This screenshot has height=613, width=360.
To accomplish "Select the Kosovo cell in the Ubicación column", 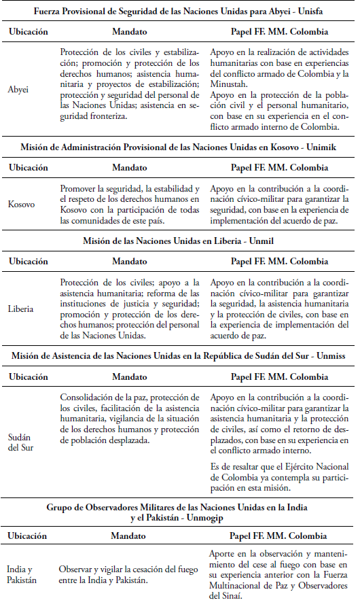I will pyautogui.click(x=22, y=203).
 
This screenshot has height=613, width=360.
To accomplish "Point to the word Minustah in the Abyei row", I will pyautogui.click(x=230, y=84).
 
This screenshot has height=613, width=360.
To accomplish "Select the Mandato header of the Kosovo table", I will pyautogui.click(x=129, y=167).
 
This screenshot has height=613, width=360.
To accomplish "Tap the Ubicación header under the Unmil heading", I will pyautogui.click(x=28, y=261).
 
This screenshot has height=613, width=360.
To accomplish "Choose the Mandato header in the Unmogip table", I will pyautogui.click(x=129, y=536).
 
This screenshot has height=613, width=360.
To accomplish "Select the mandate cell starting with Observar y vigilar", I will pyautogui.click(x=129, y=574).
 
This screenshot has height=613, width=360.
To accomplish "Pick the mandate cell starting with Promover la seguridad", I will pyautogui.click(x=129, y=203).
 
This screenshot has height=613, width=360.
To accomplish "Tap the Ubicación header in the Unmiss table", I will pyautogui.click(x=28, y=376).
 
